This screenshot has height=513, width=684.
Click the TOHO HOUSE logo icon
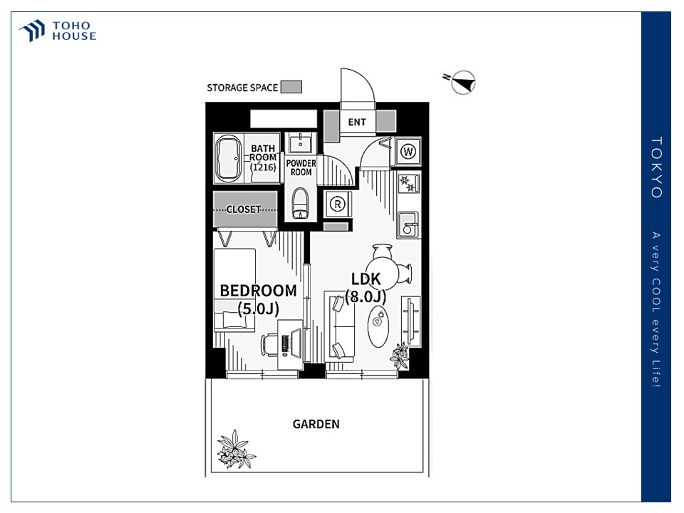(x=32, y=31)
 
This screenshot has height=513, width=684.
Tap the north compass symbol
(x=462, y=82)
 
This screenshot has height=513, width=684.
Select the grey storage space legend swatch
(x=291, y=87)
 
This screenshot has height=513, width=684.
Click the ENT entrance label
(x=357, y=122)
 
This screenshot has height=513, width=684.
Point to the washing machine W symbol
(x=408, y=151)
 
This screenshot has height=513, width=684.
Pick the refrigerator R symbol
(x=337, y=204)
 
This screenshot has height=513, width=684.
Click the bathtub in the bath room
(x=228, y=158)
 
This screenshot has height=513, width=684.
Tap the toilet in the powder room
(x=300, y=203)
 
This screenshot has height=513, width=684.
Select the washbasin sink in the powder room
(x=300, y=142)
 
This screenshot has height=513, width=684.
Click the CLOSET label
(x=244, y=209)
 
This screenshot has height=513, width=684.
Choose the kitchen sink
(x=408, y=224)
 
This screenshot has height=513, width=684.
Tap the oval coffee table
(x=378, y=326)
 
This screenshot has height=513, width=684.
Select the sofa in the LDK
(x=340, y=327)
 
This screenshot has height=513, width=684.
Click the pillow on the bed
(x=234, y=319)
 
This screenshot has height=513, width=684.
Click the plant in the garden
(x=236, y=450)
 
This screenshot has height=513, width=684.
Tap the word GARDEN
(x=316, y=424)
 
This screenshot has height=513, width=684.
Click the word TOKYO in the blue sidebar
(x=656, y=167)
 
